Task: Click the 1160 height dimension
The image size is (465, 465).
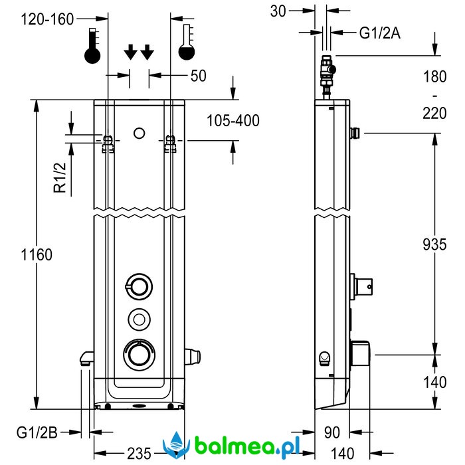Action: [x=37, y=254]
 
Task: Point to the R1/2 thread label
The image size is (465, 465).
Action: [x=60, y=177]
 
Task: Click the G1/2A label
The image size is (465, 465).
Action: [x=380, y=32]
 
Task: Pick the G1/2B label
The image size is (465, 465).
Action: [x=39, y=432]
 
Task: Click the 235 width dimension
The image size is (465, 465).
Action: [x=138, y=453]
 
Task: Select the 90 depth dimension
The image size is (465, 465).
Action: [x=332, y=432]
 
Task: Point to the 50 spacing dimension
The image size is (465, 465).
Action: [x=198, y=75]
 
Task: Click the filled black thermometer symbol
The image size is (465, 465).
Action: [x=93, y=46]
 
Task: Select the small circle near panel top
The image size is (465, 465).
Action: [x=139, y=133]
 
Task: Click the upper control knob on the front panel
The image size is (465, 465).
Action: [x=139, y=286]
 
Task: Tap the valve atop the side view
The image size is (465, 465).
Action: [x=327, y=73]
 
